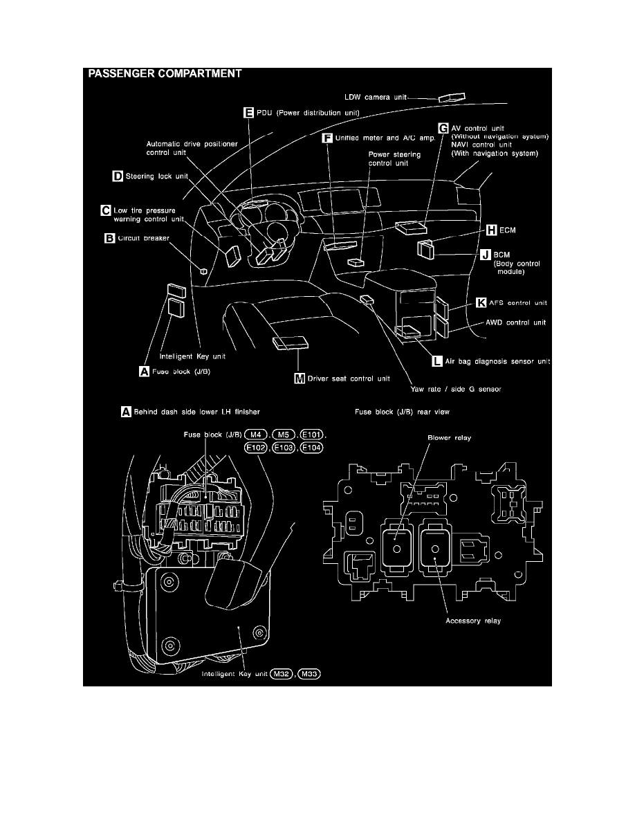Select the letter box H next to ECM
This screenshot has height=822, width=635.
pos(491,230)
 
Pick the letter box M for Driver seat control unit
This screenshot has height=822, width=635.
pos(299,378)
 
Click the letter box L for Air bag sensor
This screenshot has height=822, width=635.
pos(437,361)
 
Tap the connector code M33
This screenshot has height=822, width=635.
pos(311,674)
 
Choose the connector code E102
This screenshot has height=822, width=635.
pos(257,448)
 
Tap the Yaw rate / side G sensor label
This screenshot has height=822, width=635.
pos(448,389)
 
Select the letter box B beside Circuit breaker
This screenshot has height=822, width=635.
pos(109,238)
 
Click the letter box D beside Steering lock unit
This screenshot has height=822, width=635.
pos(118,176)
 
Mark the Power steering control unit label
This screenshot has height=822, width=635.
pos(394,159)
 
